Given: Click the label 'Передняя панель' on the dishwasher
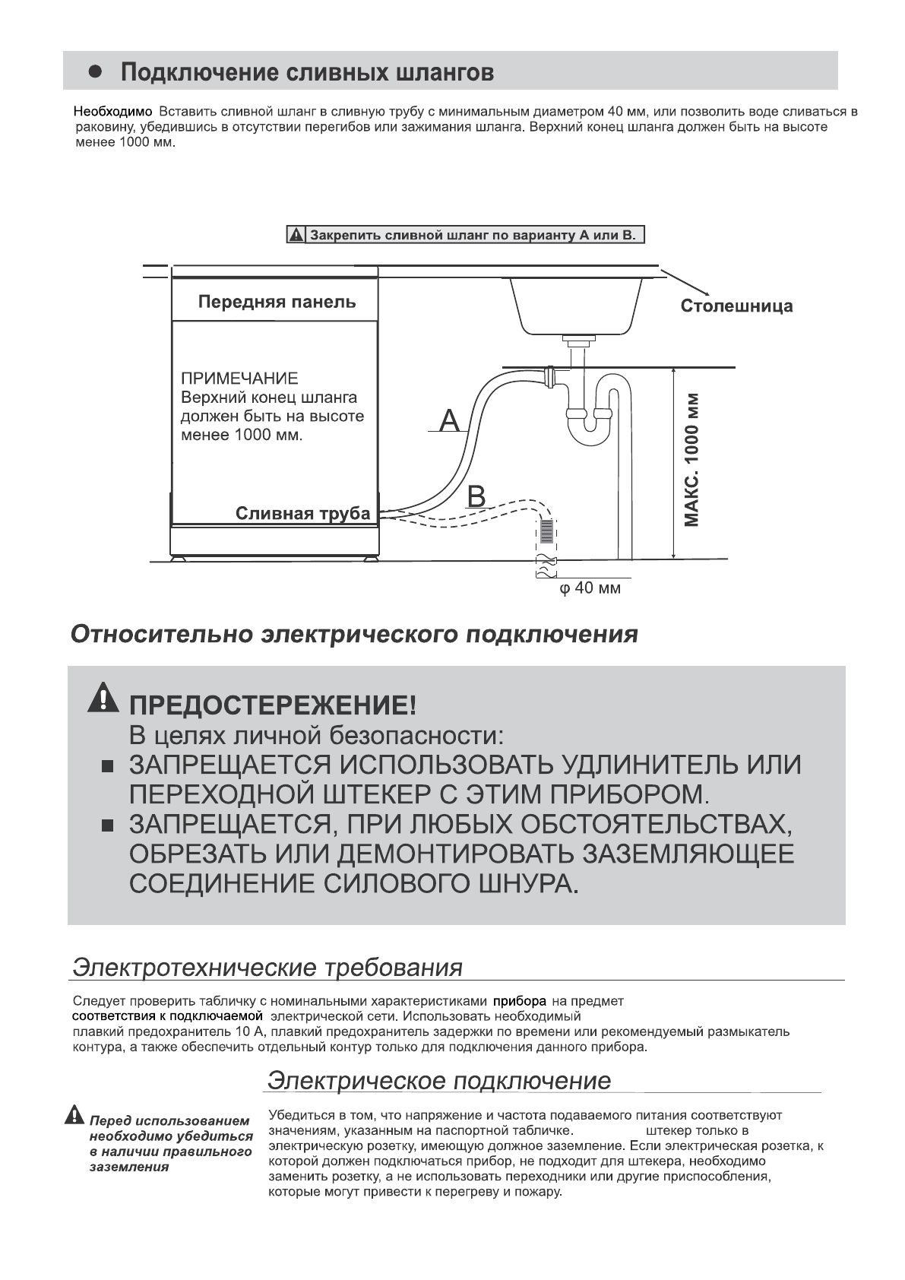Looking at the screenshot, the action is pyautogui.click(x=277, y=302).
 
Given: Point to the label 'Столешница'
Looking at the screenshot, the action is pyautogui.click(x=736, y=306).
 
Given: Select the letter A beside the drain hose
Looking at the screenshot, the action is pyautogui.click(x=451, y=420).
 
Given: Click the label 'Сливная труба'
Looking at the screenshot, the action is pyautogui.click(x=302, y=513).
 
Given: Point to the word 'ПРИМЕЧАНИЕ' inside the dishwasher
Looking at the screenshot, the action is pyautogui.click(x=239, y=379).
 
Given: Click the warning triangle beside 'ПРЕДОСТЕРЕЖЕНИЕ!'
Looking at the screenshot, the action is pyautogui.click(x=103, y=699).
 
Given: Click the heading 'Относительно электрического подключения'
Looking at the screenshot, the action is pyautogui.click(x=354, y=635).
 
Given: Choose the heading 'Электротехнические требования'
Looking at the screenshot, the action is pyautogui.click(x=267, y=968).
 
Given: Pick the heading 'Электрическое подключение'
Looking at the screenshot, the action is pyautogui.click(x=439, y=1081).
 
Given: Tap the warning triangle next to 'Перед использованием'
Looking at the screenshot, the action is pyautogui.click(x=74, y=1116).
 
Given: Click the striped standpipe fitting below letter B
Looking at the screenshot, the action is pyautogui.click(x=547, y=530).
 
